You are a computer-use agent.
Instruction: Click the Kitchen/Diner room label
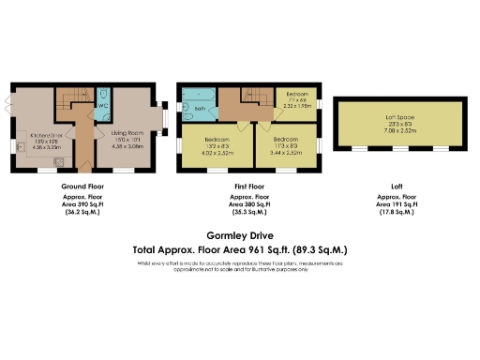pos(34,135)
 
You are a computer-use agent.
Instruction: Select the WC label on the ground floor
pos(104,106)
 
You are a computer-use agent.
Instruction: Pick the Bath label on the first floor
pos(200,107)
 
